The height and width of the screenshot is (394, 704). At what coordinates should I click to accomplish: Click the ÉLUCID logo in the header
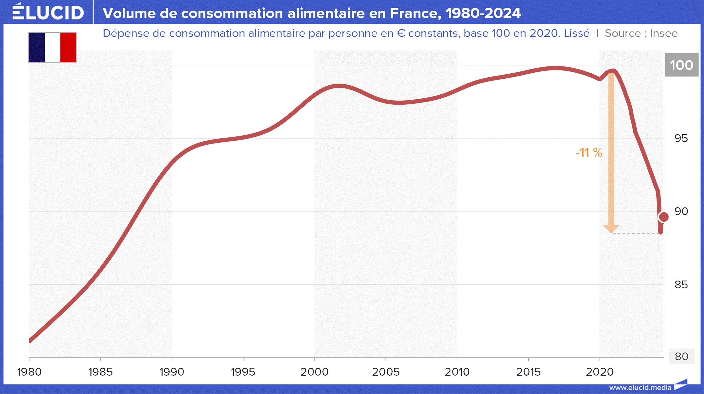48,12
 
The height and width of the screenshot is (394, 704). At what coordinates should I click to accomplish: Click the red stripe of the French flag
68,48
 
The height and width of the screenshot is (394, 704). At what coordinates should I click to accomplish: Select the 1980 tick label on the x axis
29,372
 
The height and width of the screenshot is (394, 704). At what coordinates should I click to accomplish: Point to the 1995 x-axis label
243,372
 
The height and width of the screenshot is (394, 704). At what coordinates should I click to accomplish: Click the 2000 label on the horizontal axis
314,372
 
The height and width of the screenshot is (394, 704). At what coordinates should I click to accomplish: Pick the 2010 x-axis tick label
457,372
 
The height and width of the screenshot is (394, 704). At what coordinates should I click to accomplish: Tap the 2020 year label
600,372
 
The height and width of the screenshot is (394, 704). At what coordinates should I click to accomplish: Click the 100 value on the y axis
681,65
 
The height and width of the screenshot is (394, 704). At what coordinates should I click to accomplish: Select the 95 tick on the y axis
681,139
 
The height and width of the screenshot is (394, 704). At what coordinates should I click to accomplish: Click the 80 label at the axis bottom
681,356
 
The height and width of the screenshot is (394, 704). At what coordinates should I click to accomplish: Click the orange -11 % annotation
589,152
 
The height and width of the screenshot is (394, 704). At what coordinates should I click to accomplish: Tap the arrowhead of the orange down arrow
611,229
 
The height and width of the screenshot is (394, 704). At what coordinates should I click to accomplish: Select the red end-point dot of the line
664,217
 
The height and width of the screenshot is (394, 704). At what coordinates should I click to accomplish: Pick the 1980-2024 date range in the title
483,13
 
